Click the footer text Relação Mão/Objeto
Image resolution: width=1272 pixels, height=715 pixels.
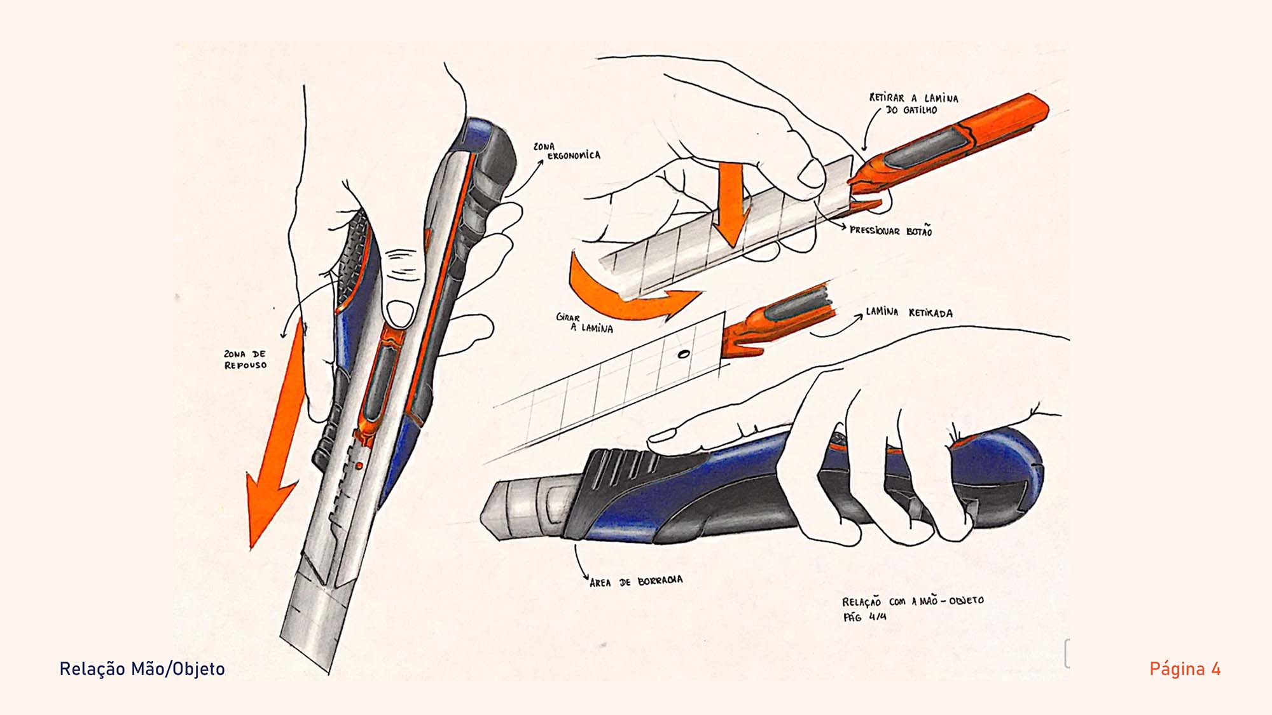(142, 669)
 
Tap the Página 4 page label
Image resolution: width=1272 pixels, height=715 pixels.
(1185, 669)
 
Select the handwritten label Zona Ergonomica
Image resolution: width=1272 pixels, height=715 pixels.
(567, 151)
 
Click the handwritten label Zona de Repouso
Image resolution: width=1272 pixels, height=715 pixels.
(245, 360)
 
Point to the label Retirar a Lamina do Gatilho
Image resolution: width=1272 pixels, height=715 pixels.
(913, 104)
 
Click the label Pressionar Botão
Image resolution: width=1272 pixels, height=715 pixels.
(891, 231)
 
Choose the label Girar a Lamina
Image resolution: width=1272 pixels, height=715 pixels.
(584, 323)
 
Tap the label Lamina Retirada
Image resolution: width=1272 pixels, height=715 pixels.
(909, 313)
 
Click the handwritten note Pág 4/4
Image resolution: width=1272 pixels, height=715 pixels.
(865, 616)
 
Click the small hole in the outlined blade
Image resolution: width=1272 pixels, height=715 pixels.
(684, 354)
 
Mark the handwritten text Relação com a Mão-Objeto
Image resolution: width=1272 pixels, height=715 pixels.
(913, 601)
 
